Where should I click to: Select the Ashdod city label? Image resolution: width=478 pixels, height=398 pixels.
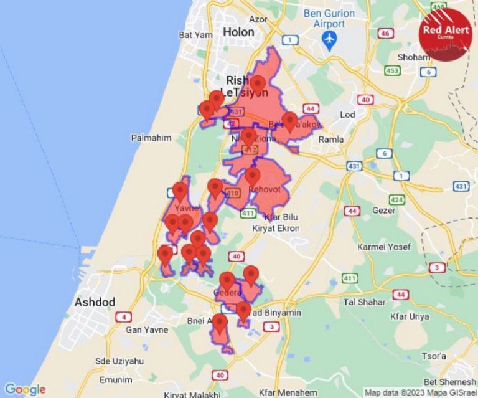tap(95, 302)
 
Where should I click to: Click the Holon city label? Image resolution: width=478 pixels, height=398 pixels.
tap(239, 32)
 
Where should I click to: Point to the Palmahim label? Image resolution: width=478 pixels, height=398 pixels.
tap(151, 138)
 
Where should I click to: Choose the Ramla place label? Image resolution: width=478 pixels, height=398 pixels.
tap(330, 140)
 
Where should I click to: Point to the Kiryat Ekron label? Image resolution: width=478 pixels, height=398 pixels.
tap(276, 229)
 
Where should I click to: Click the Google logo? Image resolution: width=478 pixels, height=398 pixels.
tap(26, 389)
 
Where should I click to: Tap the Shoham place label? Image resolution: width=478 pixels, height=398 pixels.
tap(413, 57)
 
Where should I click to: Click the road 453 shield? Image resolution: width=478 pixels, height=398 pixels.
tap(392, 71)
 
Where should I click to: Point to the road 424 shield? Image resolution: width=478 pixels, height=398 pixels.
tap(396, 200)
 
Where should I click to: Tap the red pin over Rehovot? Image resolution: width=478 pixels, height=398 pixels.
tap(252, 176)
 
